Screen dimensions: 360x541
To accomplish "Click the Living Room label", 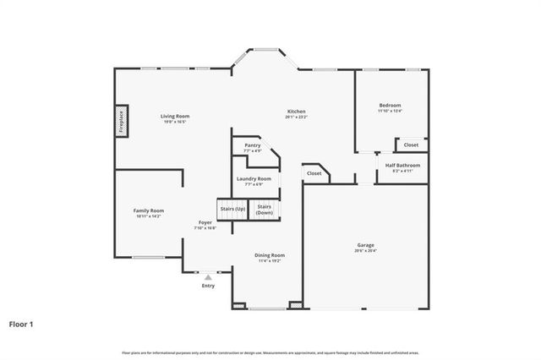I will click(x=176, y=116).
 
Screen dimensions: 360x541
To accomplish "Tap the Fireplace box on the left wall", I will click(x=121, y=121).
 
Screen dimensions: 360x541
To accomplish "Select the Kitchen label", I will click(x=296, y=112).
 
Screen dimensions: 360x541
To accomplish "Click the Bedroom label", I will click(x=390, y=105).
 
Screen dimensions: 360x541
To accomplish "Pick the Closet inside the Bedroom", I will click(x=411, y=145).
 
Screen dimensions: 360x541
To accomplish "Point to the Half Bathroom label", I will click(x=402, y=166).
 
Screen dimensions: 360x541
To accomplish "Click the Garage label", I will click(x=365, y=245).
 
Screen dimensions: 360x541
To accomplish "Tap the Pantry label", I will click(x=252, y=145).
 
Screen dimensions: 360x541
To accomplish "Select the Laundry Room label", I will click(x=254, y=179).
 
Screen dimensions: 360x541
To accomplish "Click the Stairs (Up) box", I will click(x=232, y=208).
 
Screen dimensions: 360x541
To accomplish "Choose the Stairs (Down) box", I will click(x=264, y=209).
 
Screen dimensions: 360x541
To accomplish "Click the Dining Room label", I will click(x=270, y=254).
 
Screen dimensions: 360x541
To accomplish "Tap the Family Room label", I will click(x=149, y=210).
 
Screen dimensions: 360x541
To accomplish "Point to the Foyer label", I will click(x=205, y=222).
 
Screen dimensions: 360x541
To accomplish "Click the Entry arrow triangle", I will click(x=208, y=276).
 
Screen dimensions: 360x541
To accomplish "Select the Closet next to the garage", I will click(x=314, y=173).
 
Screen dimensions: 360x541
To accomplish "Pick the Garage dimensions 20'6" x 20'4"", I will click(x=365, y=250).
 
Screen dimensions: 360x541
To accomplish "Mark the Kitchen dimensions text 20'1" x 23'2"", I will click(x=296, y=117).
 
